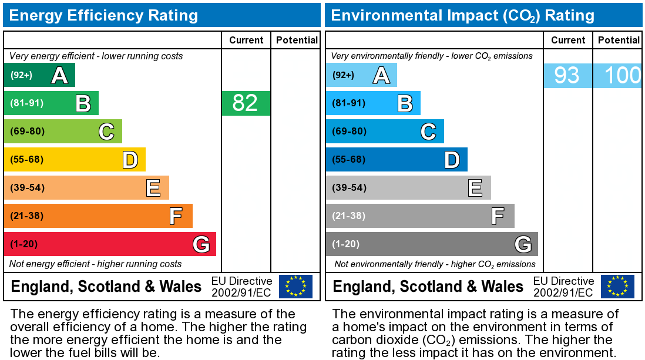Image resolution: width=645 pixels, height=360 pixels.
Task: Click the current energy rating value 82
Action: (246, 103)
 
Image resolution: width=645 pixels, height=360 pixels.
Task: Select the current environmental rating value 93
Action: (567, 75)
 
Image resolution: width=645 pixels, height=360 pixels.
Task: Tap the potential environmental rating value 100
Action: (622, 75)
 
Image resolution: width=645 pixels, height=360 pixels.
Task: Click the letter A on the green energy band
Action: (59, 75)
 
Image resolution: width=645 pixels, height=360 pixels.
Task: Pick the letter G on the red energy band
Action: (201, 244)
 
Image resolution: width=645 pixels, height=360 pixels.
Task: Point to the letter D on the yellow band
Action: (130, 160)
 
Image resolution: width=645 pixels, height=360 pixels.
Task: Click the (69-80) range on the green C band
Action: (27, 131)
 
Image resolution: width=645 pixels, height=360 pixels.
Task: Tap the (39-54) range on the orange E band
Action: (27, 187)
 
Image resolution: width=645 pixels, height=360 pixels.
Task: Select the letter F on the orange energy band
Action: (176, 216)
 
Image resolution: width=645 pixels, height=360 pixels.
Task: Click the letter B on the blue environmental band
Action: (405, 103)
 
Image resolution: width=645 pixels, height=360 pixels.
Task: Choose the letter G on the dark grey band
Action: (523, 244)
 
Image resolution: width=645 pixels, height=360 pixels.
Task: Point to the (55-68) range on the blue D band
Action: (349, 159)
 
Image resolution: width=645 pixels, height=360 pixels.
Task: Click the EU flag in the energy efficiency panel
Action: (295, 286)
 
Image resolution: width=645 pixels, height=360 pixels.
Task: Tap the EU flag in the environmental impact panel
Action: (617, 286)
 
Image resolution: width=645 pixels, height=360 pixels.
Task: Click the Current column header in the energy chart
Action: (246, 40)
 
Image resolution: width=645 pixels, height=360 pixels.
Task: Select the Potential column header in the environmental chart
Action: (619, 40)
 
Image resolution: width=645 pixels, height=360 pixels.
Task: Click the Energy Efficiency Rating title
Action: (103, 15)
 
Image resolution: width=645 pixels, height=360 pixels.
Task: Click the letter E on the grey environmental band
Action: (475, 188)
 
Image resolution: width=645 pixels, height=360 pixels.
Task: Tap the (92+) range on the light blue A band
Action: (344, 75)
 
